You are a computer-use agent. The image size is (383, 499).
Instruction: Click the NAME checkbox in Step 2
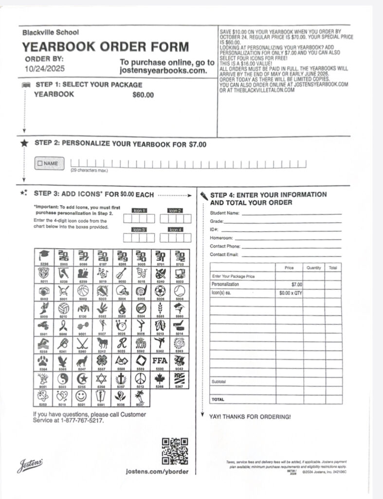point(40,163)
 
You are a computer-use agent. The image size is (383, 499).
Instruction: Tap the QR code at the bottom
point(175,451)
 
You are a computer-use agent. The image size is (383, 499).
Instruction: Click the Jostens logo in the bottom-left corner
point(30,465)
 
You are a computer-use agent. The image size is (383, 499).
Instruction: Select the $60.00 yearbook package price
point(143,95)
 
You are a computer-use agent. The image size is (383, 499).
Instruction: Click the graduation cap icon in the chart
point(44,255)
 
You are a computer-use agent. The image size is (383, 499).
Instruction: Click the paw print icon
point(44,361)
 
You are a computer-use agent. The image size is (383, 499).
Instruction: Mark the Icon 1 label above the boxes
point(139,211)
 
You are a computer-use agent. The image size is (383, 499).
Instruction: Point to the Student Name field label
point(224,213)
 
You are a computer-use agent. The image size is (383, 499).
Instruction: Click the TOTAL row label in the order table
point(217,399)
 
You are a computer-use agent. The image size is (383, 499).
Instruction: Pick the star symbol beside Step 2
point(24,144)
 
